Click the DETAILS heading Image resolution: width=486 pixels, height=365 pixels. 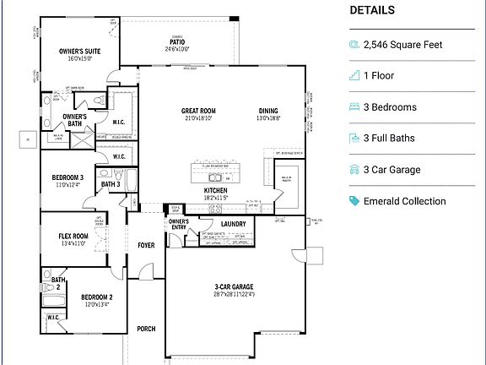(x=371, y=10)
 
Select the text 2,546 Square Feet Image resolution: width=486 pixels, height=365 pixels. (x=402, y=45)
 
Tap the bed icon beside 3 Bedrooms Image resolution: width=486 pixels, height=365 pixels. (x=354, y=107)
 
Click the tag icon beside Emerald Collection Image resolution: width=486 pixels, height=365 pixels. (x=354, y=201)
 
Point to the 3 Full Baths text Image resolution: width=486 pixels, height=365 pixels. (x=390, y=139)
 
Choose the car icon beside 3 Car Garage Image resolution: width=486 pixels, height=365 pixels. (x=354, y=170)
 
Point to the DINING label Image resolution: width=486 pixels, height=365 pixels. (x=268, y=111)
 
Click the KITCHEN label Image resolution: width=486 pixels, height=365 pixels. (x=215, y=191)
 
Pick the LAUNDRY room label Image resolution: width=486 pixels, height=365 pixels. (x=234, y=224)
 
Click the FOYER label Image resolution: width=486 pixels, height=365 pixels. (x=146, y=245)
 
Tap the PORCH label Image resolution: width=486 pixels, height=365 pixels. (x=146, y=329)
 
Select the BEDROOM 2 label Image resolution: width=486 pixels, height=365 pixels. (x=96, y=297)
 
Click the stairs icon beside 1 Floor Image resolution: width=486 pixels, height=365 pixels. (x=354, y=76)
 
